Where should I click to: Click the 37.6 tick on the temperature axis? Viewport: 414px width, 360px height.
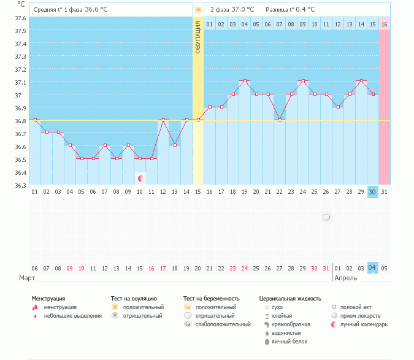coord(20,18)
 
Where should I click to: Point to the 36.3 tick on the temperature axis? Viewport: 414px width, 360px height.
coord(20,185)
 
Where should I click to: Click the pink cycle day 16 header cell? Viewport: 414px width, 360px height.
coord(384,24)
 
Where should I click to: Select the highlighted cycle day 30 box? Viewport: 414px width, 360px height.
coord(372,192)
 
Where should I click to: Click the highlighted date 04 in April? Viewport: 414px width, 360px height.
coord(372,268)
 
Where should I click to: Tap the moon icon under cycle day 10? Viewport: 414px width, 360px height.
coord(141,178)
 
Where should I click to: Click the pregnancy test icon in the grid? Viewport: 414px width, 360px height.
coord(326,217)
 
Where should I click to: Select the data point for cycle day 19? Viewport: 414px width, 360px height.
coord(245,81)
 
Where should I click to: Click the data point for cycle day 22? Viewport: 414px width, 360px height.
coord(280,120)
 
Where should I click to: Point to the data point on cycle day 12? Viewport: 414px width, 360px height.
coord(163,120)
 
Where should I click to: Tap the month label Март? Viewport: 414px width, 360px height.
coord(27,278)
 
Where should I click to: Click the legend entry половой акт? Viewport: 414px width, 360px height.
coord(356,307)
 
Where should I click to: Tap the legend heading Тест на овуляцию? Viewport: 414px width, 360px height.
coord(134,298)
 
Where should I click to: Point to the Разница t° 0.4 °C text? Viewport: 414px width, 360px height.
coord(290,10)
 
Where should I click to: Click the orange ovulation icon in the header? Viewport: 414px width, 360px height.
coord(197,10)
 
